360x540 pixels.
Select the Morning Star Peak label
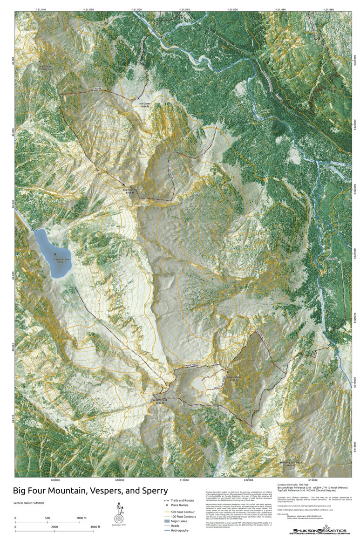pyautogui.click(x=292, y=463)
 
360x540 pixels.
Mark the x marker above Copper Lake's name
pyautogui.click(x=55, y=254)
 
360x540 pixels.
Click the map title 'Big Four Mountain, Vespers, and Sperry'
pyautogui.click(x=90, y=491)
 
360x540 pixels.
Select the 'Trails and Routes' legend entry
pyautogui.click(x=182, y=500)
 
